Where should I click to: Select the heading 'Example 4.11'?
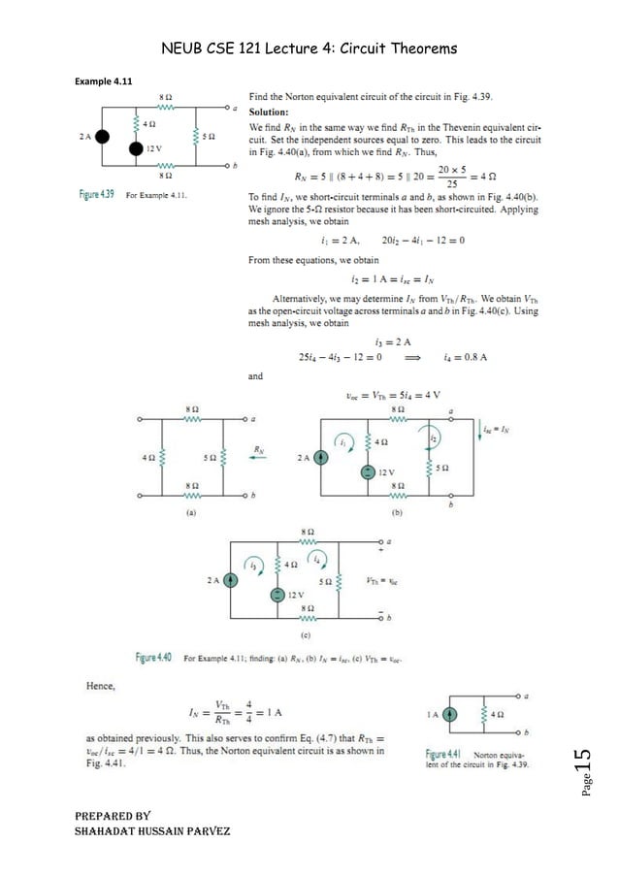[102, 81]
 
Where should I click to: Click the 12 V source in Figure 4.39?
[136, 149]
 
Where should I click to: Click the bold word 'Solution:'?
[271, 112]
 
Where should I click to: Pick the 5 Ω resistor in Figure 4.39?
[196, 137]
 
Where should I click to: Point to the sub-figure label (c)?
[306, 635]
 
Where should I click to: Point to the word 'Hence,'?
[100, 687]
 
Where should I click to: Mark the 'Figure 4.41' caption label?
[447, 753]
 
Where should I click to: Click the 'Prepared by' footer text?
[105, 816]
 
